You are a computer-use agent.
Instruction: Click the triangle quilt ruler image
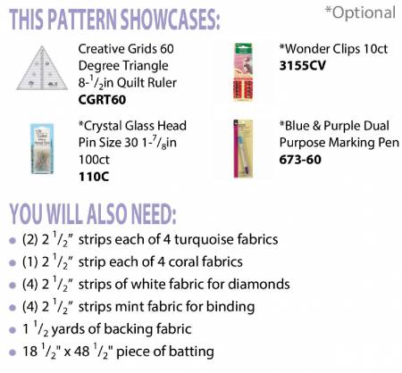[x=42, y=68]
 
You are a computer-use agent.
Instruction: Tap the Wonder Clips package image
[x=243, y=71]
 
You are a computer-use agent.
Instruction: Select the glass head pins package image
[x=42, y=148]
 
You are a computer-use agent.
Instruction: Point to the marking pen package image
[x=243, y=148]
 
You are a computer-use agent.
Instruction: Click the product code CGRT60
[x=102, y=100]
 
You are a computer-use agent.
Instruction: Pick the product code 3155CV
[x=303, y=66]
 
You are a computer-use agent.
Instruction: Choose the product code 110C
[x=94, y=177]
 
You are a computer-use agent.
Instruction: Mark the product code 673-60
[x=300, y=160]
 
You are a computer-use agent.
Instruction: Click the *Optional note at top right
[x=360, y=12]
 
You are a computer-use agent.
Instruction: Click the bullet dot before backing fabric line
[x=13, y=330]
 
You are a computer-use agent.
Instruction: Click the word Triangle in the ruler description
[x=145, y=66]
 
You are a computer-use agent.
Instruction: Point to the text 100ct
[x=94, y=160]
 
